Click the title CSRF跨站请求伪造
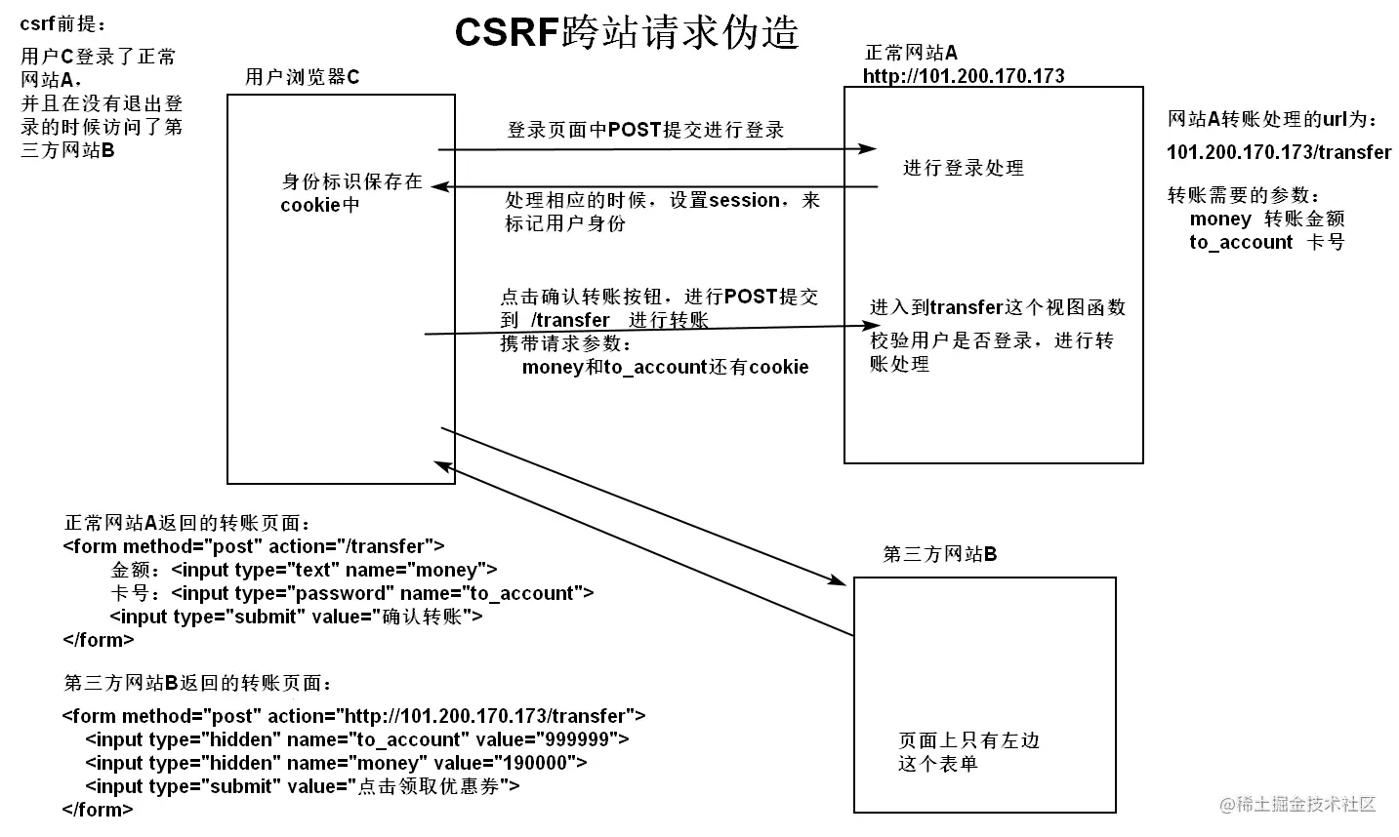[627, 32]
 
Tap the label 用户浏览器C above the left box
[302, 77]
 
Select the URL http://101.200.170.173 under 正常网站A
[963, 76]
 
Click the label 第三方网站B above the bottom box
[939, 555]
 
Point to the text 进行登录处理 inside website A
[963, 169]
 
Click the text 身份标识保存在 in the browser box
[351, 181]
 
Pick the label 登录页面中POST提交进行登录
[645, 130]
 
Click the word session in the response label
[744, 200]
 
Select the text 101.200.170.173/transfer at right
[1278, 152]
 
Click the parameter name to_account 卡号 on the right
[1266, 242]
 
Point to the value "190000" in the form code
[539, 763]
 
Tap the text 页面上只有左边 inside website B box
[968, 740]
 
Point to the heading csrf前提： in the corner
[63, 24]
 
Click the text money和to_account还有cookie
[665, 368]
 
